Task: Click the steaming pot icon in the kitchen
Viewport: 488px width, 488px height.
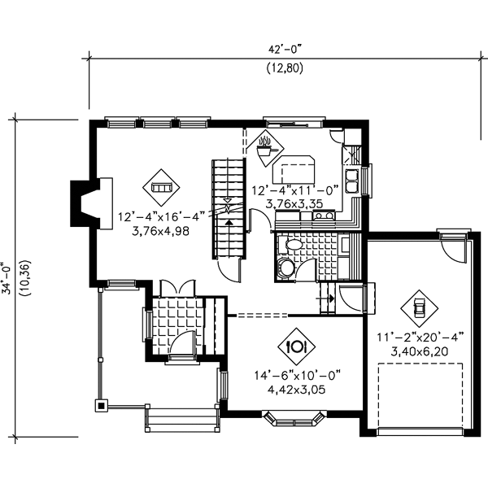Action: (x=264, y=147)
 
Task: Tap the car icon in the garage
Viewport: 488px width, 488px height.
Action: (x=419, y=307)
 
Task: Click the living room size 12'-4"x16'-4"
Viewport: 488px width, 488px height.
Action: (x=159, y=217)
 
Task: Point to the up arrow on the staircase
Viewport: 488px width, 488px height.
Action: (x=229, y=219)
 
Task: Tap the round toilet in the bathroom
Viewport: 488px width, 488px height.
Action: (x=286, y=269)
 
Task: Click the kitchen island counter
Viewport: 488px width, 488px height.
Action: (x=298, y=172)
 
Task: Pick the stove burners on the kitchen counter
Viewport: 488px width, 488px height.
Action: (x=322, y=216)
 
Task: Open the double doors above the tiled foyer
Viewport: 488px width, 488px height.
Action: (x=175, y=289)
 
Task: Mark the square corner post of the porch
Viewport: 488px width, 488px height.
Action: (x=101, y=403)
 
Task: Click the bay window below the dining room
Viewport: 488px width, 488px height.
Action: (x=296, y=419)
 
